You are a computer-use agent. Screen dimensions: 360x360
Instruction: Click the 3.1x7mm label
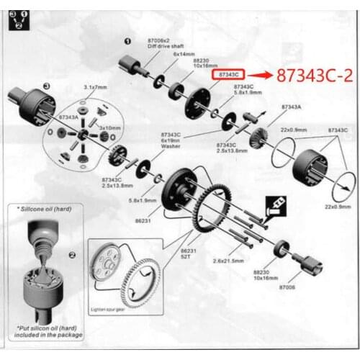point(96,86)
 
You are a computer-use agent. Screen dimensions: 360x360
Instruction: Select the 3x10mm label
point(109,127)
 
